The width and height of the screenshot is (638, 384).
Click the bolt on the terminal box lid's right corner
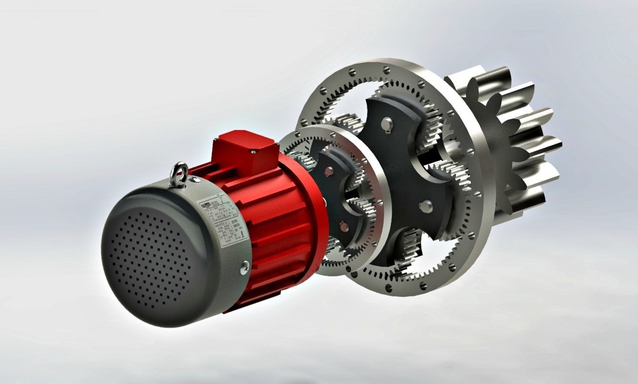(x=254, y=152)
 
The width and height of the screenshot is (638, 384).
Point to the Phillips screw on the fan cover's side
(x=245, y=268)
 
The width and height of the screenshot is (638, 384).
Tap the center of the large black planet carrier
(x=405, y=167)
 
